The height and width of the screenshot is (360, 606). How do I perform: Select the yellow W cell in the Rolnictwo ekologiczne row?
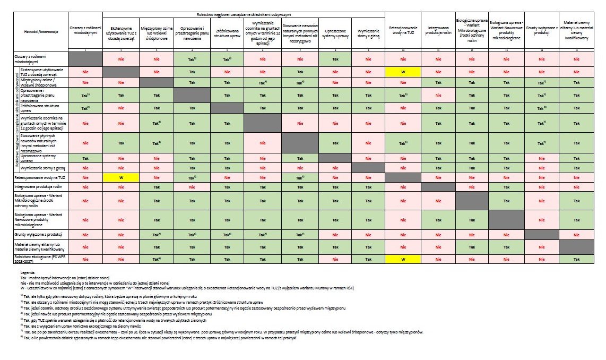[x=403, y=259]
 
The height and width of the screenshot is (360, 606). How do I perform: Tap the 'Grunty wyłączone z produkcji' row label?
[x=34, y=234]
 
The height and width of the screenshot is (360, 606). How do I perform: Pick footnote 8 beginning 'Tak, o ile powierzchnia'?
[x=159, y=337]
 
